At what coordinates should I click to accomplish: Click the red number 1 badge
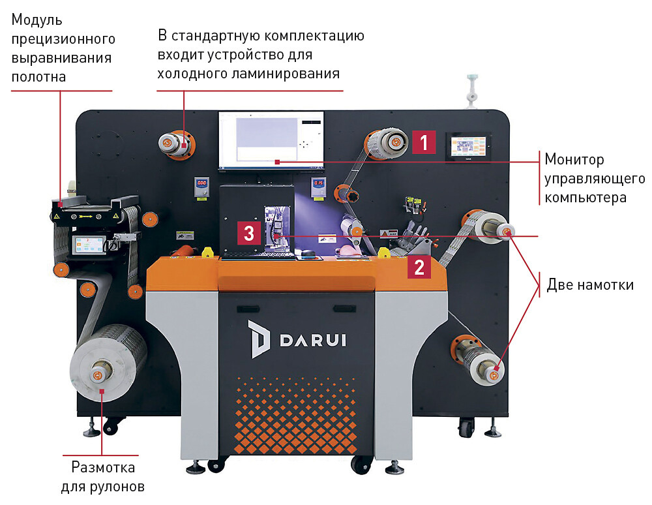(424, 142)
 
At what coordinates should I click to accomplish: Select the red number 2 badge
(419, 266)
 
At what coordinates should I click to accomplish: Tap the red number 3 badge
(248, 233)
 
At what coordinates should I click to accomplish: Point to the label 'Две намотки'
(590, 284)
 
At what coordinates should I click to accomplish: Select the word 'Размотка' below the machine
(103, 467)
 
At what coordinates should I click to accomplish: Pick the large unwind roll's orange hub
(99, 375)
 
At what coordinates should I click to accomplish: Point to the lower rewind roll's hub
(490, 370)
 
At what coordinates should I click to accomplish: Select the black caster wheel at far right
(466, 429)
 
